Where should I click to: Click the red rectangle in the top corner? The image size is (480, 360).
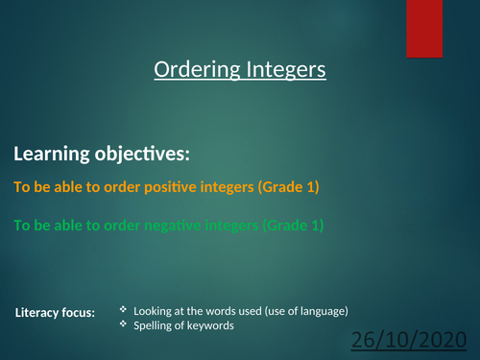click(x=423, y=29)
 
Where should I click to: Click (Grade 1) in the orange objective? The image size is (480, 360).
click(x=288, y=187)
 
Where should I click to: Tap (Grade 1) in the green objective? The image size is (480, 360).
click(x=293, y=226)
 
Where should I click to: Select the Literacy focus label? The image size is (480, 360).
click(x=56, y=313)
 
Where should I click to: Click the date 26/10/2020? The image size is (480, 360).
click(x=413, y=342)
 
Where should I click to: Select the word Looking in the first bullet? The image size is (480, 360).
click(x=154, y=311)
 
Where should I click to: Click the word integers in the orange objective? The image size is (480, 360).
click(x=226, y=187)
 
